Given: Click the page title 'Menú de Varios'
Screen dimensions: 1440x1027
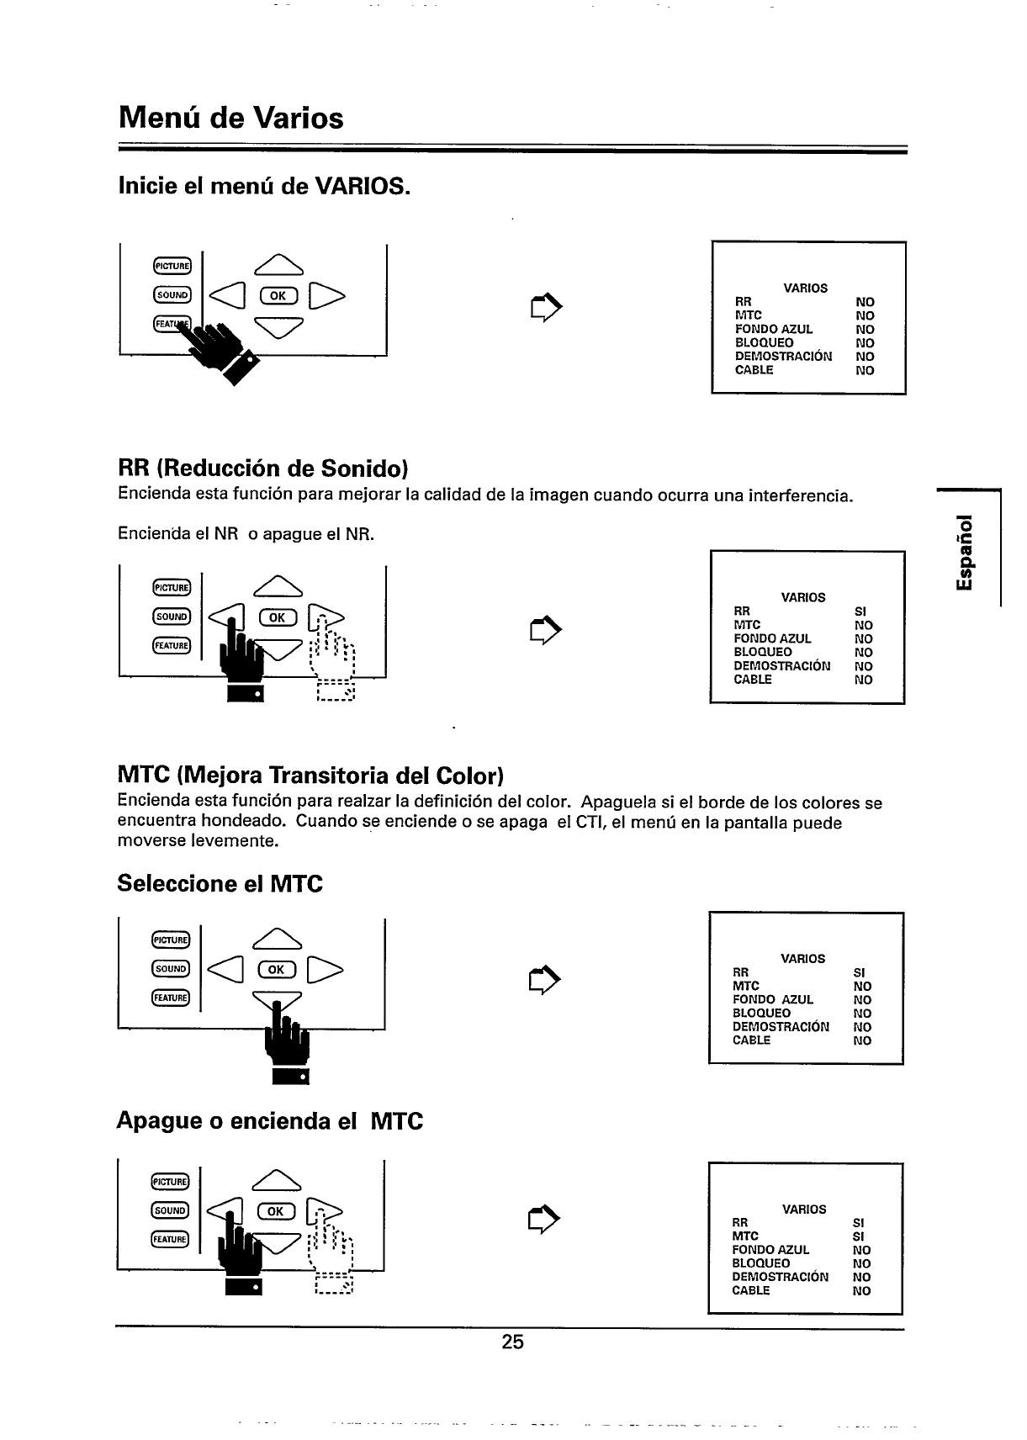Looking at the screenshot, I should click(x=231, y=118).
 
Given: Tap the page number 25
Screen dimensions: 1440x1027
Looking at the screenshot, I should click(x=512, y=1342).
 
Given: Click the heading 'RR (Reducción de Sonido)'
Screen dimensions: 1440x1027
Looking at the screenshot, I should click(x=263, y=468).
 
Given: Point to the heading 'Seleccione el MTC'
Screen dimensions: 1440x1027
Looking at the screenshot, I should click(x=220, y=884).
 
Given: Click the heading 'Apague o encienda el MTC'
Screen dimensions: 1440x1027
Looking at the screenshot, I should click(x=270, y=1121).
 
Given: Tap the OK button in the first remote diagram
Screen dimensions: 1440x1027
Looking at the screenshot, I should click(x=277, y=294).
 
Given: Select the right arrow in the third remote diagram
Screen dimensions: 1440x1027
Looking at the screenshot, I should click(x=325, y=969).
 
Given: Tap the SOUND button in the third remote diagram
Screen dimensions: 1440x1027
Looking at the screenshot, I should click(x=172, y=968).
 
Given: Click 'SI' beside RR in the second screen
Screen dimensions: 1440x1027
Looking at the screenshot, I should click(x=860, y=611).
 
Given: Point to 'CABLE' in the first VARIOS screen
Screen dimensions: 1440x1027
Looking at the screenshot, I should click(x=754, y=370).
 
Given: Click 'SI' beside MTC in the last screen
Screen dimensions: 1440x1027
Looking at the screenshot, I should click(x=858, y=1236).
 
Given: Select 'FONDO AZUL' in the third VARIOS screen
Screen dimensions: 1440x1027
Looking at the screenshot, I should click(x=772, y=1000).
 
